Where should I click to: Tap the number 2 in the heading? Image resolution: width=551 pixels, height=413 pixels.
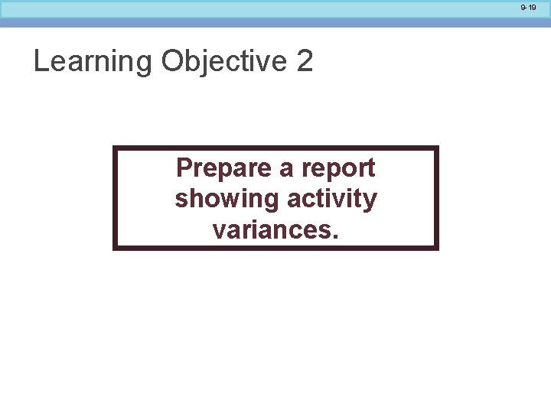coord(305,61)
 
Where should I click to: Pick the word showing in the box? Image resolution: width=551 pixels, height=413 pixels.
coord(227,200)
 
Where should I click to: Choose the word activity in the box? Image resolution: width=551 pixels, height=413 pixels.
coord(332,200)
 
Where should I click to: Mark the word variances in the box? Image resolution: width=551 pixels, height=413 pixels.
coord(272,229)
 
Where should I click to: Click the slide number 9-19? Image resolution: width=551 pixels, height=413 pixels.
coord(528,8)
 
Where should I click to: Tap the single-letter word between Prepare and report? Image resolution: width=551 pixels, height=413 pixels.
coord(285,169)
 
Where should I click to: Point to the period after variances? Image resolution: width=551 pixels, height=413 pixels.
coord(334,236)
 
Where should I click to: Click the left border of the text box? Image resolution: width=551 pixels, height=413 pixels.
coord(115,198)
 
